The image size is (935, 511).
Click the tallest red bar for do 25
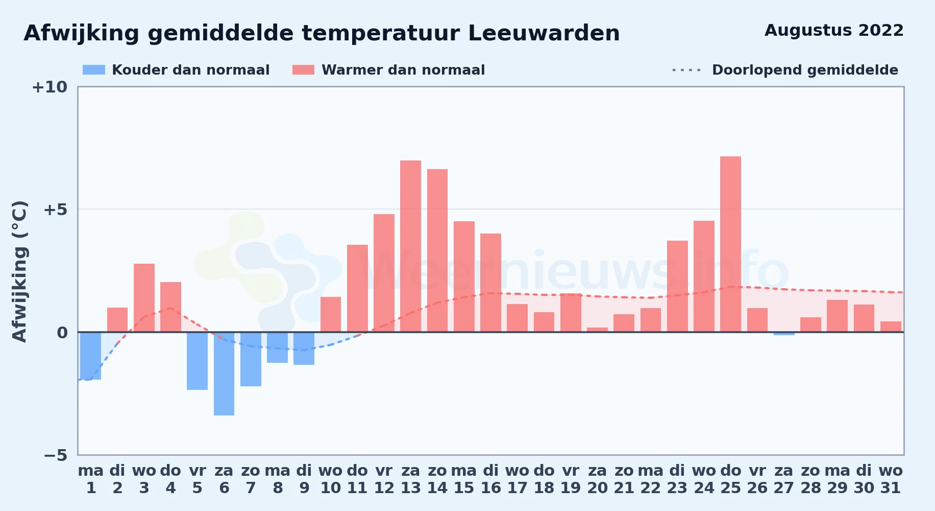tap(730, 244)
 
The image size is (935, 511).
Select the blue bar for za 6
tap(224, 374)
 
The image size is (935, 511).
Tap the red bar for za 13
tap(410, 246)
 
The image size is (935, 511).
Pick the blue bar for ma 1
tap(90, 356)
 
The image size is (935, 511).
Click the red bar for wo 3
tap(144, 298)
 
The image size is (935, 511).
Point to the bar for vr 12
tap(384, 273)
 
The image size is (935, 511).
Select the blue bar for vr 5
tap(197, 361)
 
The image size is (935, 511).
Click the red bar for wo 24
tap(704, 276)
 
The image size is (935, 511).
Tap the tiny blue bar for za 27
tap(784, 334)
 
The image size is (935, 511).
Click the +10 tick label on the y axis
tap(50, 87)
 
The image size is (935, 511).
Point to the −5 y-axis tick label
tap(56, 455)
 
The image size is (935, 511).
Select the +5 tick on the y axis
tap(56, 210)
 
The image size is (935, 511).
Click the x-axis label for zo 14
tap(437, 479)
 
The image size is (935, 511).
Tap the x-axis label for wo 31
tap(891, 479)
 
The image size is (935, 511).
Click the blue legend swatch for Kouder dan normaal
tap(94, 70)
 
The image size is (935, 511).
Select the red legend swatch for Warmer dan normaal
tap(304, 70)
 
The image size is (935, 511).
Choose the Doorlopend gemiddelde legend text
tap(805, 70)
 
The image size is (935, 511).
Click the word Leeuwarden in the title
tap(544, 33)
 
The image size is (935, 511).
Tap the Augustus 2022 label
tap(834, 31)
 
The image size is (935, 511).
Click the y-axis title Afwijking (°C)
tap(19, 271)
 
